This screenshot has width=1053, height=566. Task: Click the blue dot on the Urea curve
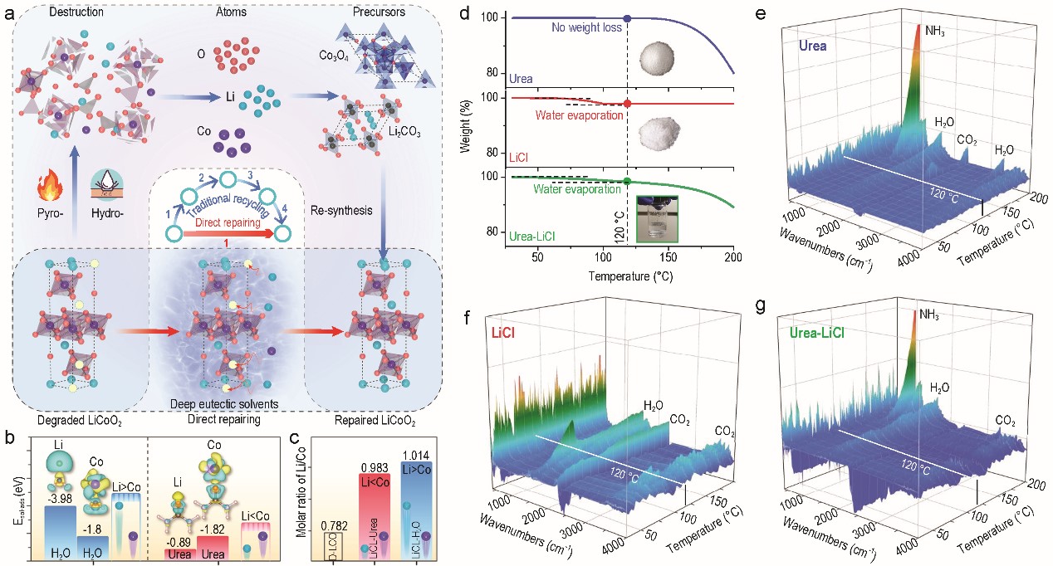click(627, 17)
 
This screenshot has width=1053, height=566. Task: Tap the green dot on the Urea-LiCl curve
click(627, 180)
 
